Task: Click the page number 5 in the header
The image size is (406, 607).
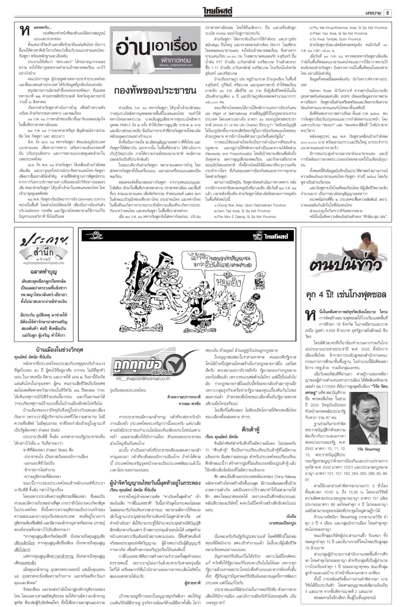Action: click(387, 13)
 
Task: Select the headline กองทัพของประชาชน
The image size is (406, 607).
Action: click(155, 90)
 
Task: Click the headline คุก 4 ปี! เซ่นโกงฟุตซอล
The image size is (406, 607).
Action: click(346, 295)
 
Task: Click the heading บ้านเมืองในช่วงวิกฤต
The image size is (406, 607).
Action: click(60, 350)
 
